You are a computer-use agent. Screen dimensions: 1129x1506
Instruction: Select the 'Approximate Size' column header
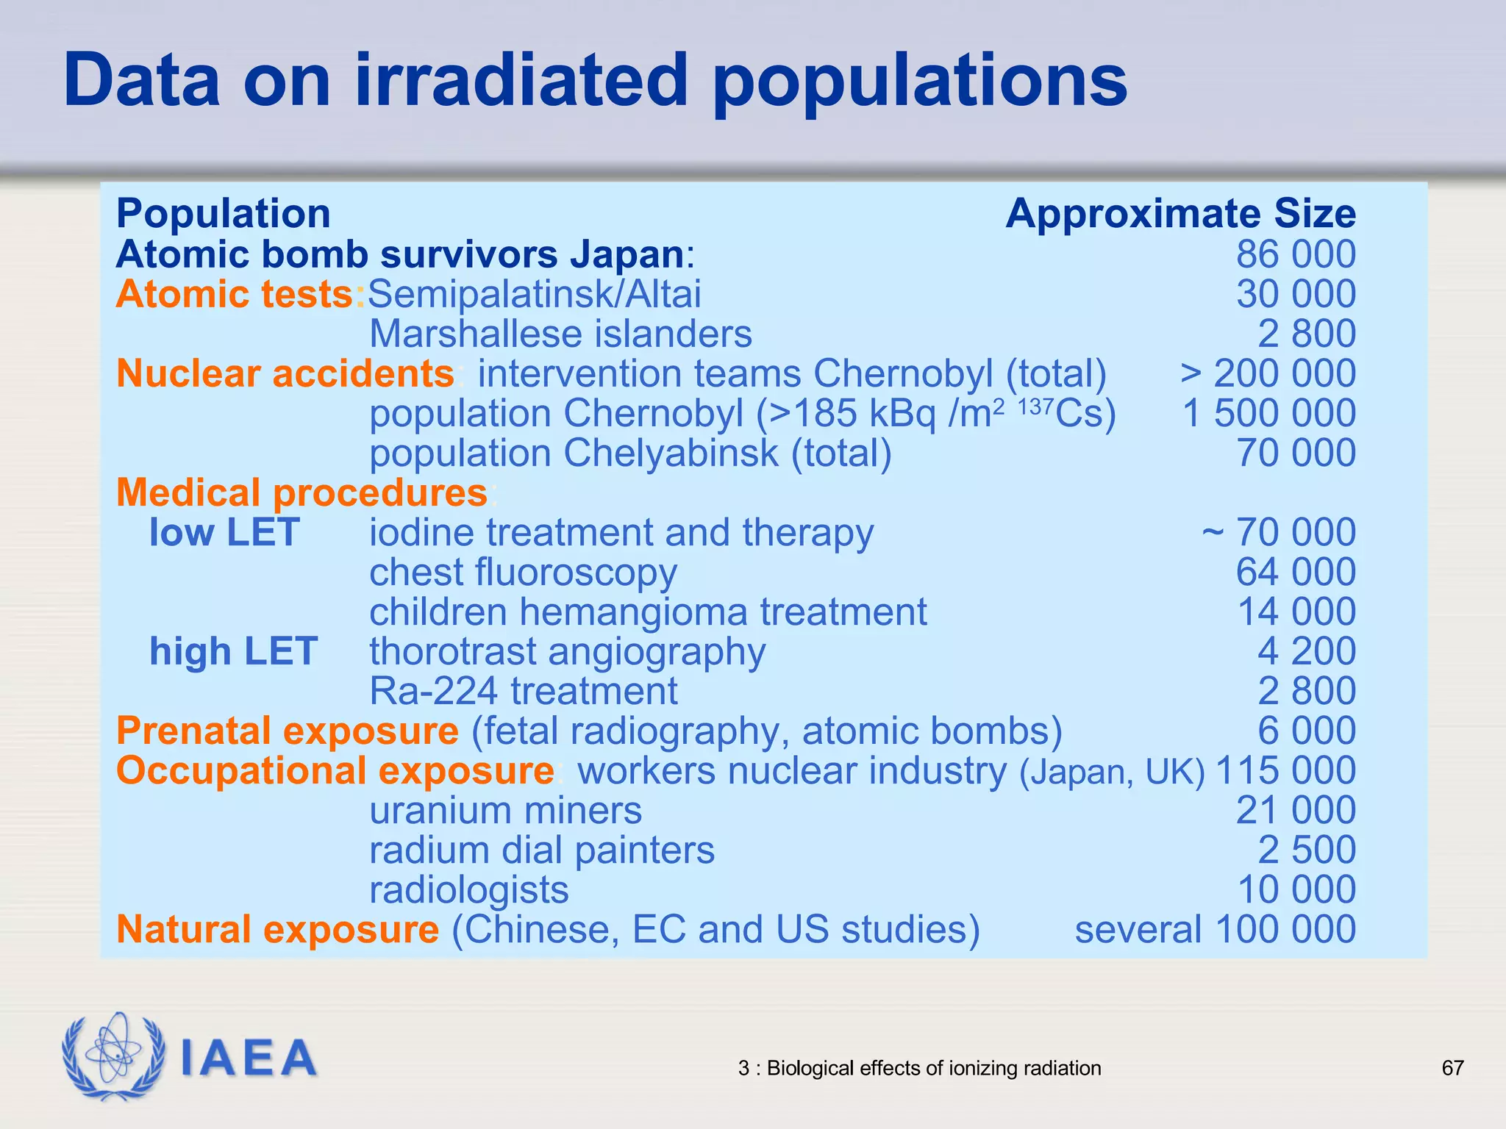[x=1180, y=214]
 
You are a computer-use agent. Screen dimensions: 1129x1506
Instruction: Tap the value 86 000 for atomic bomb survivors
[x=1296, y=254]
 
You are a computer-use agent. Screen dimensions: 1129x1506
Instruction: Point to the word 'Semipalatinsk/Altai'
[x=535, y=294]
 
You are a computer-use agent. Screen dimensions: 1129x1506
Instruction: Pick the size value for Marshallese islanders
[x=1307, y=334]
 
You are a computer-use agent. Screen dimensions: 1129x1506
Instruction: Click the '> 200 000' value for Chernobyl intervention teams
[x=1268, y=373]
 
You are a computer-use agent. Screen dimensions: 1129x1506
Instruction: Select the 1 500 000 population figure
[x=1268, y=413]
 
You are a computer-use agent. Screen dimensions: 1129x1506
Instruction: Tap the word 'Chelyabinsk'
[x=670, y=453]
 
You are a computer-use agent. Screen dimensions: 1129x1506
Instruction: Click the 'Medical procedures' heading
[x=301, y=492]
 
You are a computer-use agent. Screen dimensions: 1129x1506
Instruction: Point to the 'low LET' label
[x=224, y=532]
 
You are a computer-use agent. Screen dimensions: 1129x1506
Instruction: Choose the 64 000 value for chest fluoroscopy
[x=1296, y=572]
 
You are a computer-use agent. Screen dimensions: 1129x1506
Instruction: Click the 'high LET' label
[x=233, y=651]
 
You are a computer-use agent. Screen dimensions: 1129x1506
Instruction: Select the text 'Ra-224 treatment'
[x=523, y=691]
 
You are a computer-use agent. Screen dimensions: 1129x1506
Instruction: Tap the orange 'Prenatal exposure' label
[x=288, y=731]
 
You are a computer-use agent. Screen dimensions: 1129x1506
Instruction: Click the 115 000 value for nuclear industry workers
[x=1285, y=770]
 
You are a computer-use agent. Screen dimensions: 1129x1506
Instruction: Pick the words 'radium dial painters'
[x=542, y=850]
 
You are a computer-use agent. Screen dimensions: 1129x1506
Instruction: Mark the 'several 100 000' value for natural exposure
[x=1215, y=929]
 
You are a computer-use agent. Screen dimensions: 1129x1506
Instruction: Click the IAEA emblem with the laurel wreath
[x=113, y=1057]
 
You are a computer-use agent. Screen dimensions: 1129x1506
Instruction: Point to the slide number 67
[x=1452, y=1068]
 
